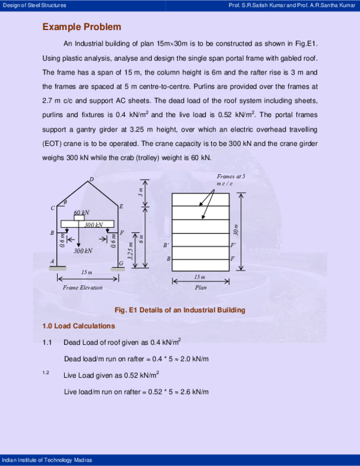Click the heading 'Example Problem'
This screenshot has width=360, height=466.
(x=82, y=27)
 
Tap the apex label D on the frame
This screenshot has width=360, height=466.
(x=91, y=180)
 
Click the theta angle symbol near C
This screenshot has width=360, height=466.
(x=65, y=202)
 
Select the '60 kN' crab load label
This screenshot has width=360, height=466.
(x=82, y=213)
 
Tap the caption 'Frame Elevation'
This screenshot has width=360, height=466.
(x=83, y=288)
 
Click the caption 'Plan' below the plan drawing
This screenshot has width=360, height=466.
(x=201, y=288)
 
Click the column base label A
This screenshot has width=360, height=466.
(x=52, y=261)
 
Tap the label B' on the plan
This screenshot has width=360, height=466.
(x=166, y=246)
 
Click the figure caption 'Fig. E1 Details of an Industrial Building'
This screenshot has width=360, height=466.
(x=179, y=310)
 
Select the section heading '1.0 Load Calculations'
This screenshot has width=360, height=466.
(x=78, y=326)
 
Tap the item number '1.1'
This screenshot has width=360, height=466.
(x=47, y=342)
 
